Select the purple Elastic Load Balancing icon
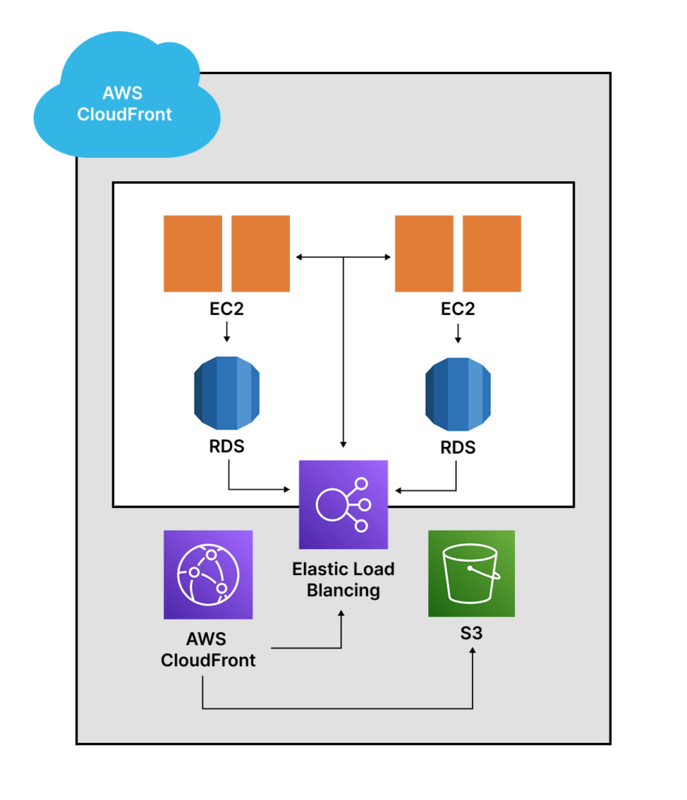(343, 505)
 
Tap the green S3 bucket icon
(471, 573)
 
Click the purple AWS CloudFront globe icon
(208, 574)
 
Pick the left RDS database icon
(227, 394)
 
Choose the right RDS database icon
(458, 394)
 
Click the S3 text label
(471, 633)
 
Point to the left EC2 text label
(227, 309)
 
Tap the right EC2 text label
(458, 309)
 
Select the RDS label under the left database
(227, 447)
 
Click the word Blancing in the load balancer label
(343, 590)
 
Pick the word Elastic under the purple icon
(316, 569)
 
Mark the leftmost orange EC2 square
(193, 253)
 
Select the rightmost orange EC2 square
(492, 253)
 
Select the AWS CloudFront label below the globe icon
(208, 650)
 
